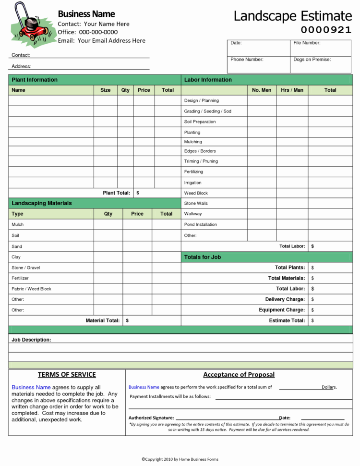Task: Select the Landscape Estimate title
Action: point(292,15)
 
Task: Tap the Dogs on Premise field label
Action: point(312,60)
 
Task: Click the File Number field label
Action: point(307,43)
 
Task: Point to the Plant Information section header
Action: point(35,80)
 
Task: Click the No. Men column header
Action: point(262,90)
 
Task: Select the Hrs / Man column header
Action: point(292,90)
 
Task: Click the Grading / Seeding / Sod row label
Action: point(207,111)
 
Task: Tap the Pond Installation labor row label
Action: point(200,224)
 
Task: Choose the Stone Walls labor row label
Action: point(196,203)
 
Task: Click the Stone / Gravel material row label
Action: point(25,268)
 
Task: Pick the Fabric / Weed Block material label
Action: point(31,289)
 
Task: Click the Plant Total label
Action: point(117,193)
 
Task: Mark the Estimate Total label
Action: point(287,320)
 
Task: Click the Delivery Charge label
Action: point(285,299)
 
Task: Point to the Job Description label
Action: point(31,340)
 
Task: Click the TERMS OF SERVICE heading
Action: point(67,375)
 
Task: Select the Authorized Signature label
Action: point(151,418)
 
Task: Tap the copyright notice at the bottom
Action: point(180,459)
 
